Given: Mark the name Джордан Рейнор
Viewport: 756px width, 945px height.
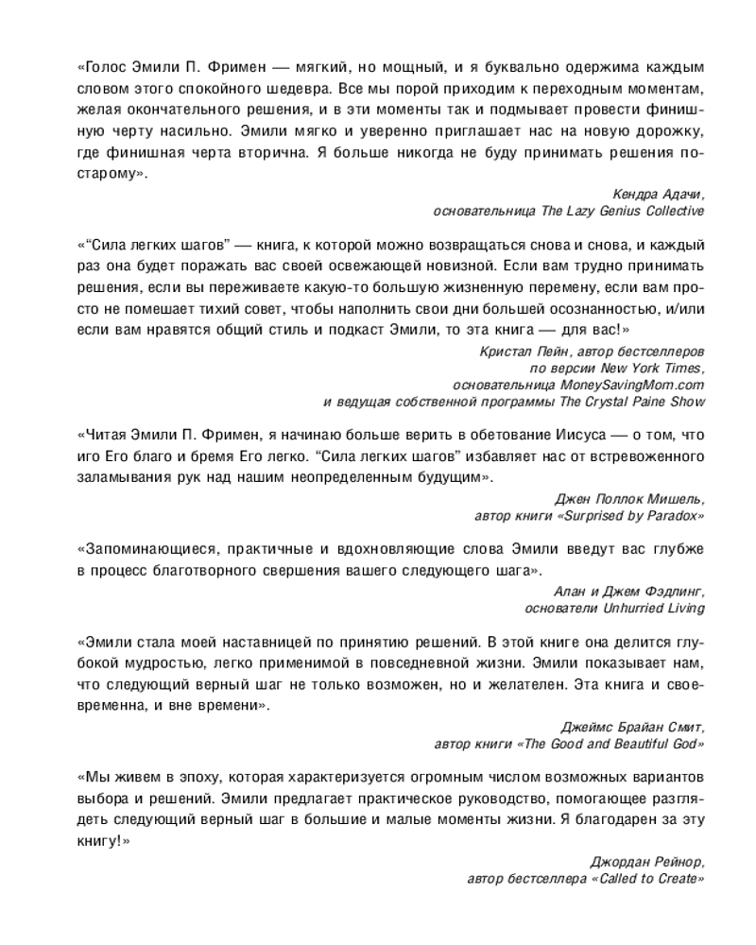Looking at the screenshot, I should (x=647, y=862).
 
